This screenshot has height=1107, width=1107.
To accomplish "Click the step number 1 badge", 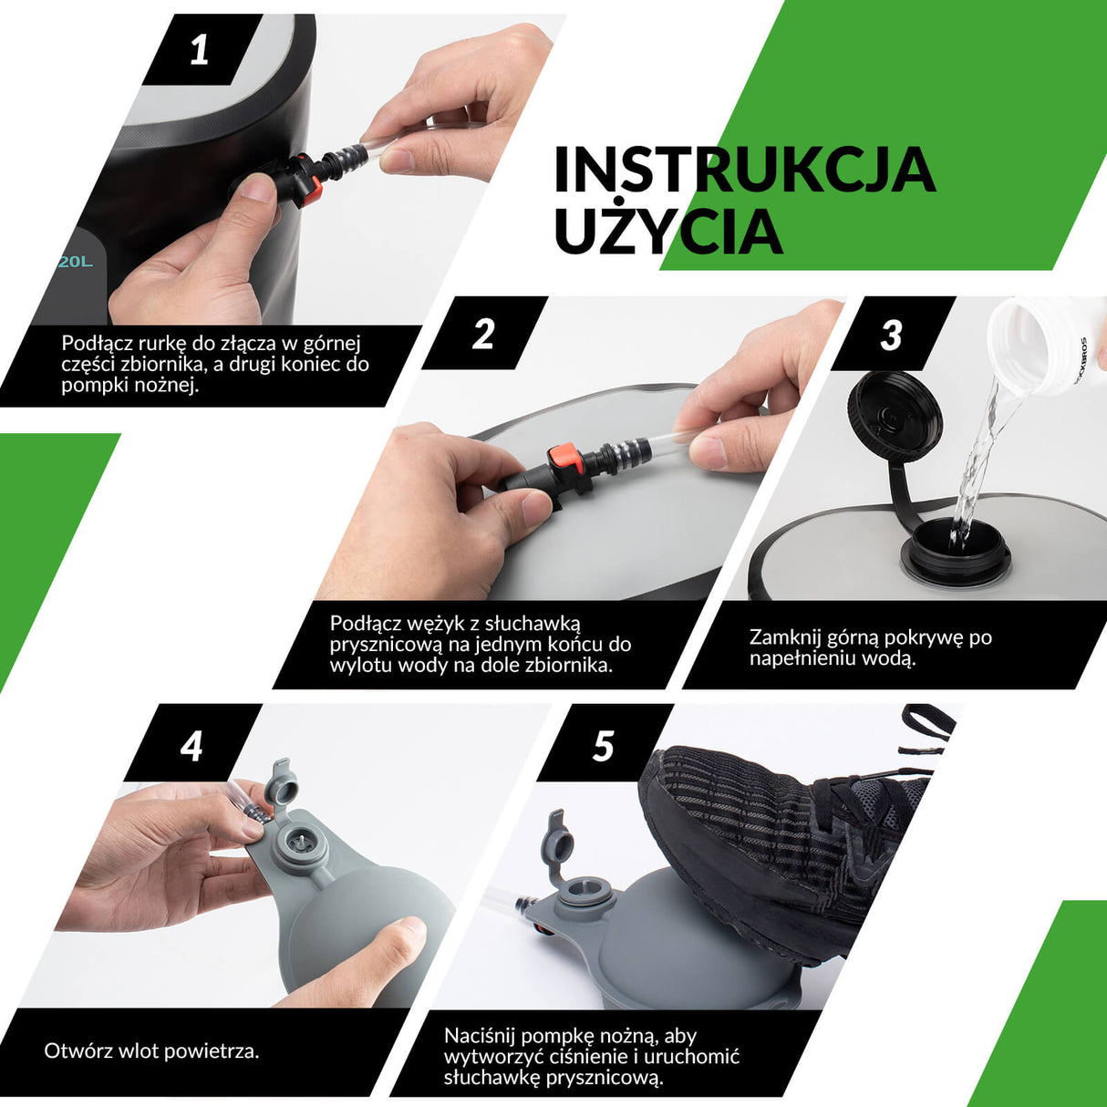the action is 199,50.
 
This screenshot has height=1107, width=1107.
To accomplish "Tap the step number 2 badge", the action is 482,334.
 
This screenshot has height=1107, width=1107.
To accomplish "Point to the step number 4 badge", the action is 191,746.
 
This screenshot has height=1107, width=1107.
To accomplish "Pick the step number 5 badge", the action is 603,746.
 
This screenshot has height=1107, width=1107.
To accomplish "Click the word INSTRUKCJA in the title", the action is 745,170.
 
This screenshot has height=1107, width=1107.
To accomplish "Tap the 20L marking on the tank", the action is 76,262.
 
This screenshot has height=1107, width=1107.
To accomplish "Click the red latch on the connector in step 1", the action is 314,185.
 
